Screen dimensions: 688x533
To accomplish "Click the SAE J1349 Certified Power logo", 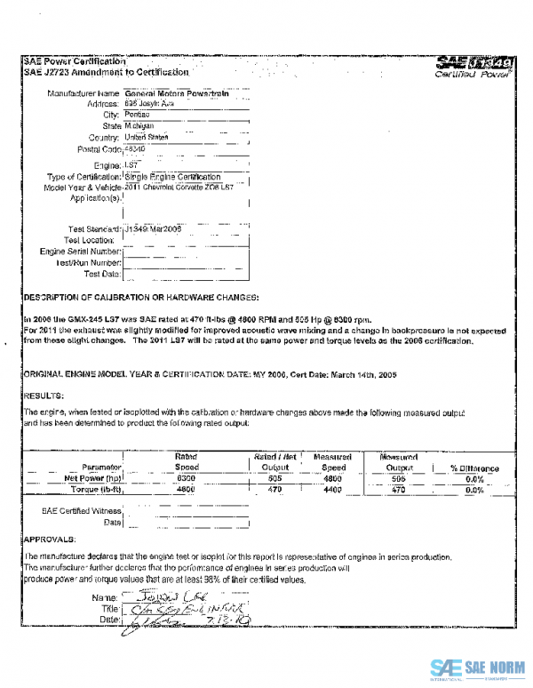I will click(475, 68).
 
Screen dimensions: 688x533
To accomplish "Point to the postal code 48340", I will click(134, 148).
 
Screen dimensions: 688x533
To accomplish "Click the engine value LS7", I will click(131, 165).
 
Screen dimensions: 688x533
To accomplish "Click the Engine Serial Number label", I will click(81, 252).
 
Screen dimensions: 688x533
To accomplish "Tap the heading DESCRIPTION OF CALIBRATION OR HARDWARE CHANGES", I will click(141, 296).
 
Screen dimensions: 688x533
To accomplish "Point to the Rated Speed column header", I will click(186, 461).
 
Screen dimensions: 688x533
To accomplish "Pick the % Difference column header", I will click(474, 468).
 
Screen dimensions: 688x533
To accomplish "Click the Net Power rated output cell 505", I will click(274, 478).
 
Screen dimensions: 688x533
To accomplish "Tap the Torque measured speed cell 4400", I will click(333, 489).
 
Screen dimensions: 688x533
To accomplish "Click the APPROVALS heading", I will click(50, 539).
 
